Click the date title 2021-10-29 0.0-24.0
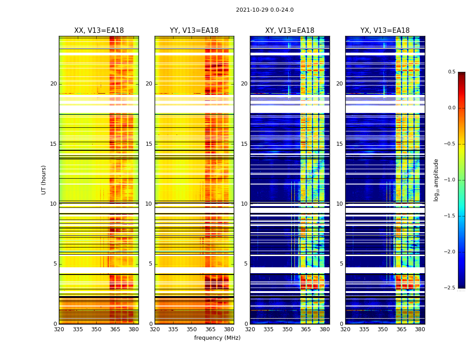coord(265,10)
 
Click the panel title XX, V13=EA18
coord(99,31)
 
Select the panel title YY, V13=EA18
coord(194,31)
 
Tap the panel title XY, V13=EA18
coord(289,31)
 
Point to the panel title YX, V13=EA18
coord(385,31)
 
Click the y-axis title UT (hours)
coord(44,180)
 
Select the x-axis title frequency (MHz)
coord(217,338)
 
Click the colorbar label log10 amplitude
coord(436,180)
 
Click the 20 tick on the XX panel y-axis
coord(53,84)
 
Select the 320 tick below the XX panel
coord(59,329)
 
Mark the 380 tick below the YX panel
coord(420,329)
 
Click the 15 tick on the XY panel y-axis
coord(244,144)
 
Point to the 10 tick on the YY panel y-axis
coord(149,204)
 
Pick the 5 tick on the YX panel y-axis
coord(341,264)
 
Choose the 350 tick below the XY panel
coord(287,329)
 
